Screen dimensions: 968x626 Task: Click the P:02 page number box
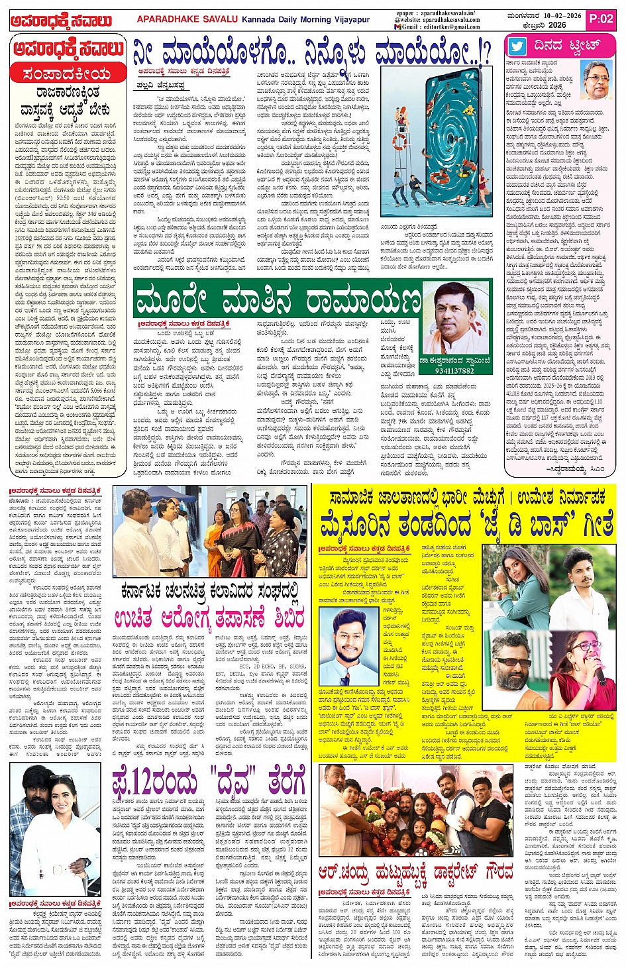pyautogui.click(x=601, y=19)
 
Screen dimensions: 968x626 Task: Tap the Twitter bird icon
pyautogui.click(x=517, y=46)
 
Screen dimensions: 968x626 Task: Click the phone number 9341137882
pyautogui.click(x=454, y=370)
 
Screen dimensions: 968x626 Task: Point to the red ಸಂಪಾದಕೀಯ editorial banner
pyautogui.click(x=68, y=74)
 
